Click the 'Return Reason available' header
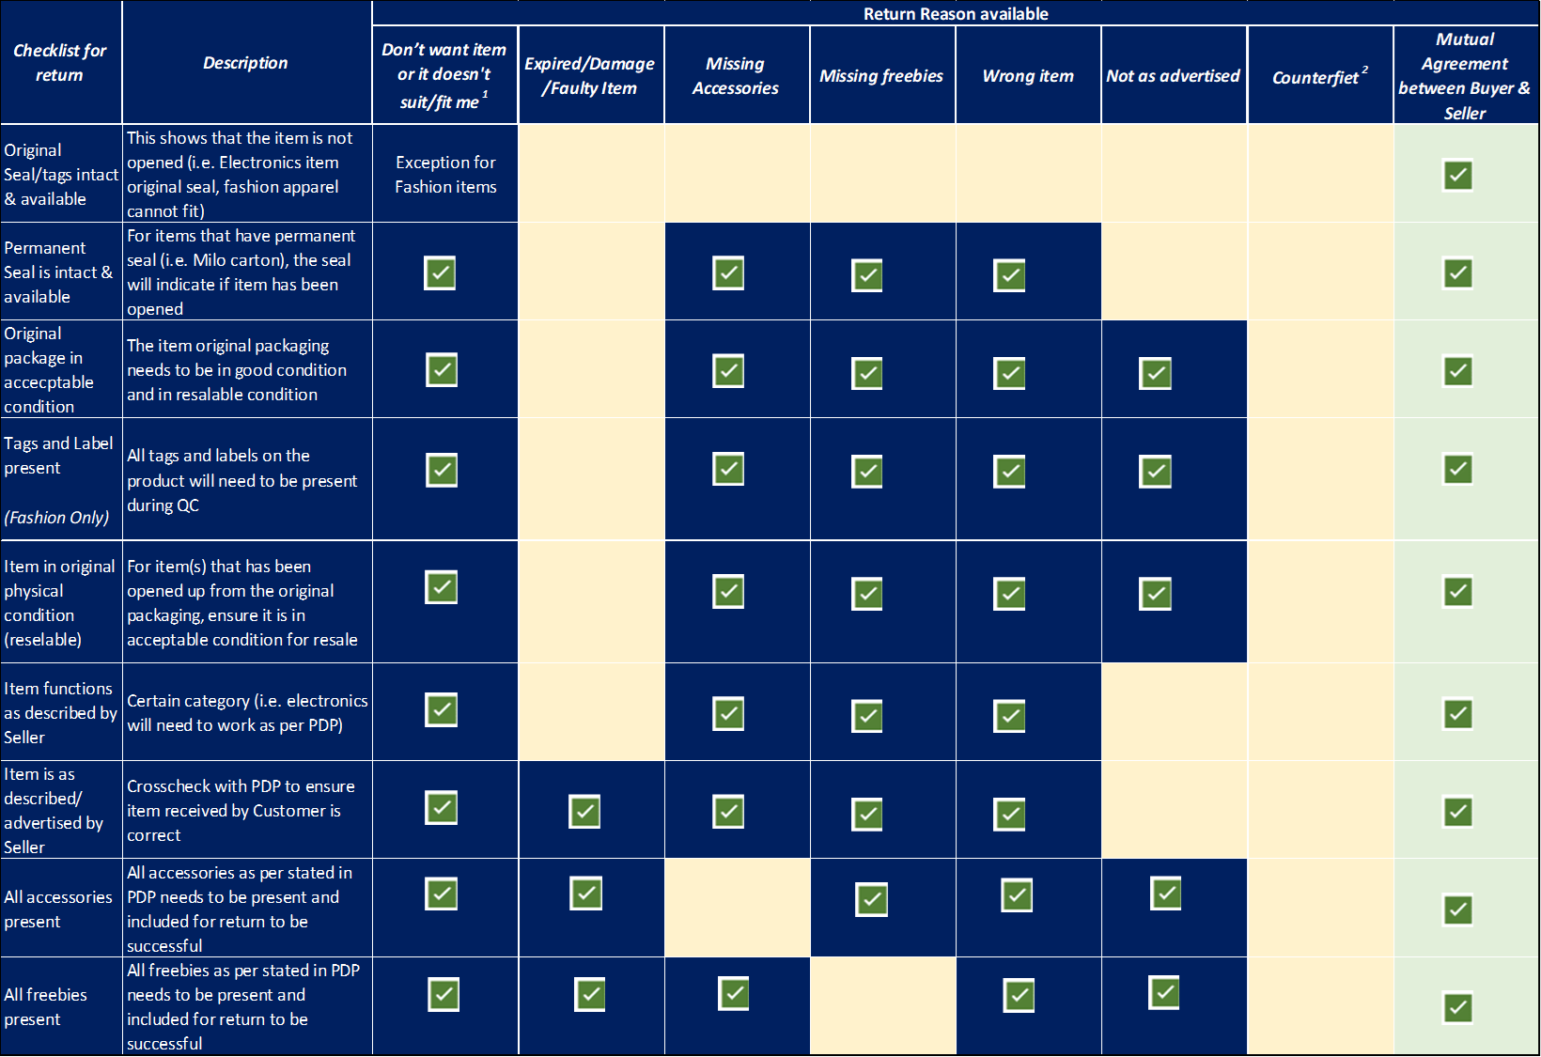(955, 14)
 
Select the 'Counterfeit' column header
(1319, 77)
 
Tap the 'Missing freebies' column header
(881, 76)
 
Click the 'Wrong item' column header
(1028, 76)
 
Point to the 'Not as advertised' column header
(1173, 76)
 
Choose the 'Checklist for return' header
(59, 63)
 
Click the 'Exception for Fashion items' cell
(445, 175)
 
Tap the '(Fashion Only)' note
(56, 518)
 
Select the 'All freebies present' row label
(45, 1006)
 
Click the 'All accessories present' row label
(57, 909)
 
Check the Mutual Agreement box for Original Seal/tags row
(1457, 176)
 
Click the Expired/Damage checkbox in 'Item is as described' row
(584, 812)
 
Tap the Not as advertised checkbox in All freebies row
(1164, 992)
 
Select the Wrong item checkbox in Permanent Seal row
(1009, 275)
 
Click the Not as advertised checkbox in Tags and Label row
(1155, 471)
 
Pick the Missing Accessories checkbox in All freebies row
(734, 993)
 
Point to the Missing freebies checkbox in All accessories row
(871, 899)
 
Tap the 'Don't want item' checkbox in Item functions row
(441, 709)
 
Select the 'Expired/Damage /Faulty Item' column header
(589, 76)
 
